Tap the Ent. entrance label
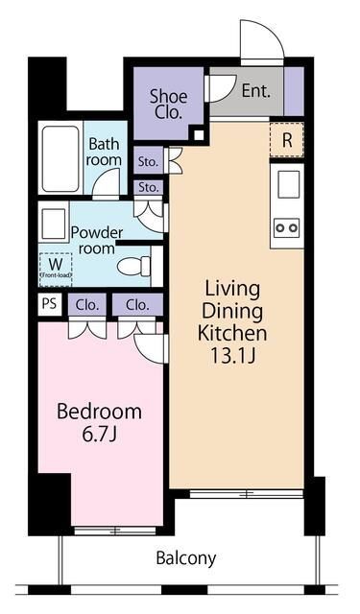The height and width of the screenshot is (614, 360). pyautogui.click(x=255, y=92)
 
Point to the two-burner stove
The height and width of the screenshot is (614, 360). pyautogui.click(x=286, y=227)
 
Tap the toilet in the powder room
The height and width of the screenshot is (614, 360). pyautogui.click(x=132, y=265)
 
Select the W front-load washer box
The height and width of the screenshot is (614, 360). pyautogui.click(x=54, y=268)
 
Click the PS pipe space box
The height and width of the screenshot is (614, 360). pyautogui.click(x=49, y=305)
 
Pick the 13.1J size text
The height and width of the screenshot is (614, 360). pyautogui.click(x=232, y=356)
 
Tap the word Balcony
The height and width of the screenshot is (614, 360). pyautogui.click(x=187, y=557)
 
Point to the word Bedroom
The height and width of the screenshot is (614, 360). pyautogui.click(x=99, y=412)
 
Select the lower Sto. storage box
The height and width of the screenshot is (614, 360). pyautogui.click(x=147, y=186)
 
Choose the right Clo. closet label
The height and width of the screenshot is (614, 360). pyautogui.click(x=137, y=305)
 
